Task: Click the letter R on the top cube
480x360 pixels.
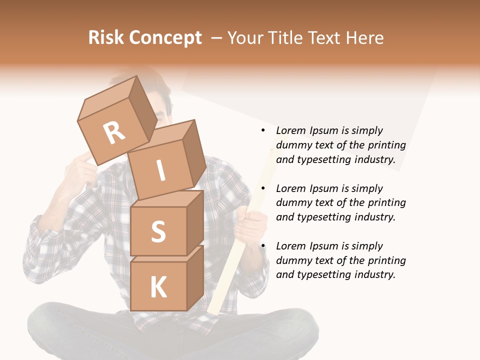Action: [x=114, y=133]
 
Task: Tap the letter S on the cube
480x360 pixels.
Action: [x=158, y=232]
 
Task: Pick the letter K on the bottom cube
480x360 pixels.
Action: [x=158, y=287]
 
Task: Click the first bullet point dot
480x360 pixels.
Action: [x=263, y=130]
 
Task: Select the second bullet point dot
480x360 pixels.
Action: [x=263, y=188]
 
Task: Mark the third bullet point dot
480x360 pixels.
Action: [x=263, y=246]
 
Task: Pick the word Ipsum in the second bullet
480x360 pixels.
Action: [x=324, y=188]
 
